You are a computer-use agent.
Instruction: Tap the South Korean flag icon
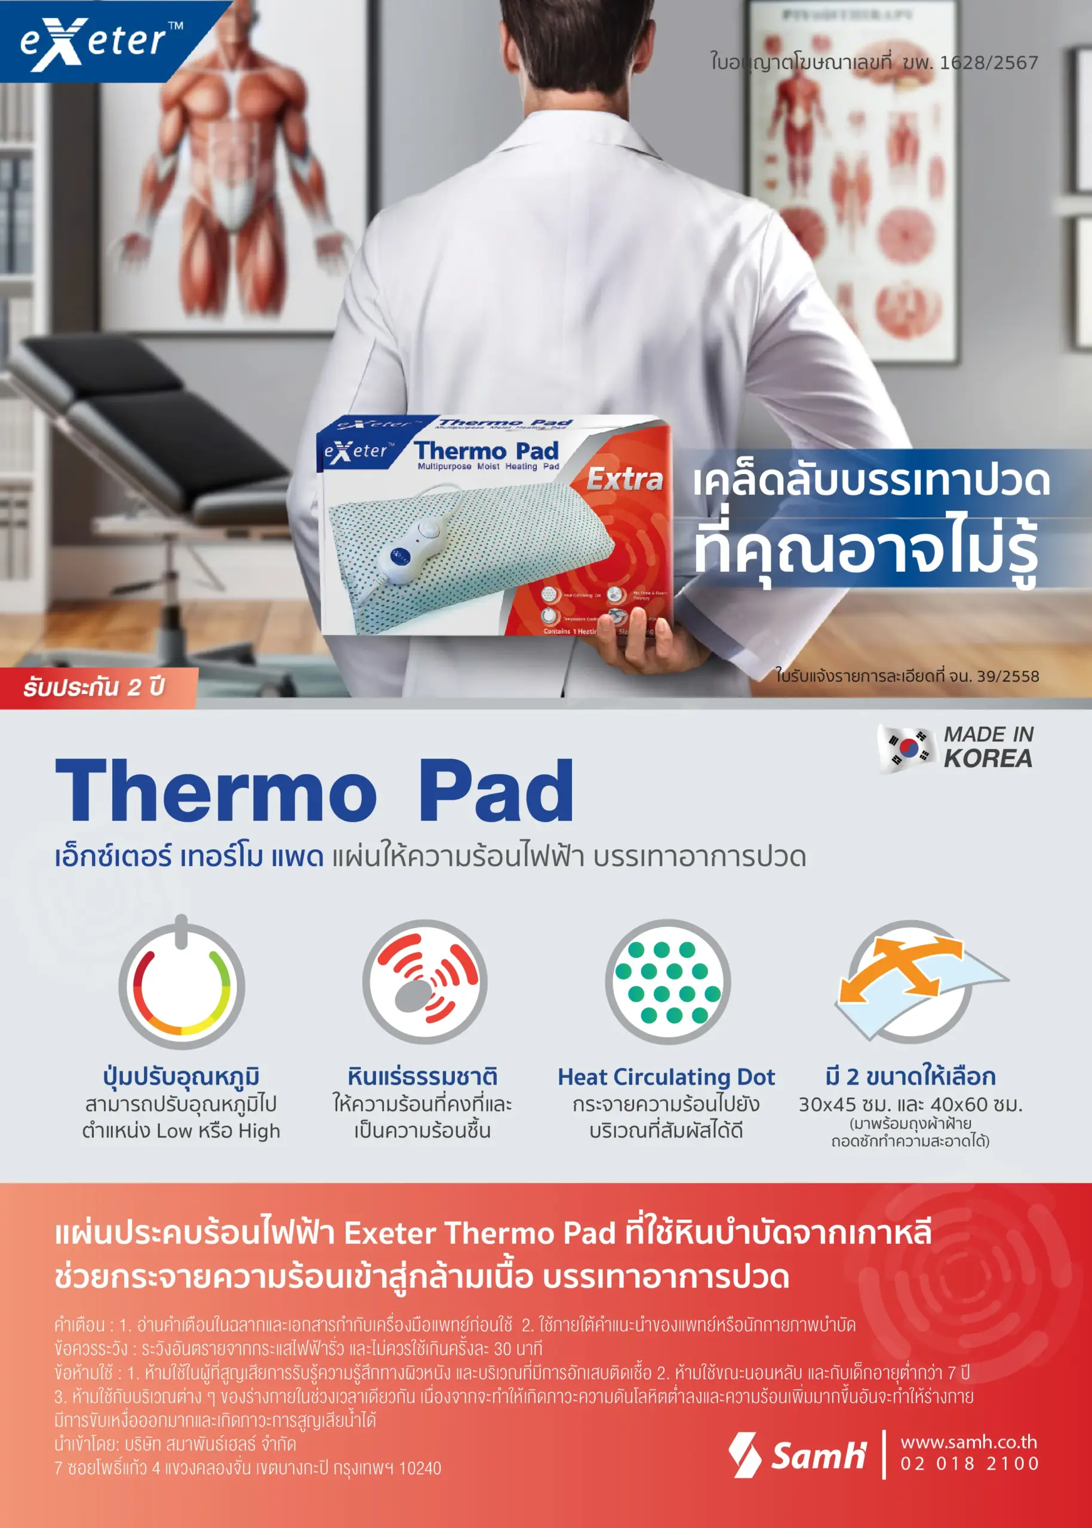(907, 747)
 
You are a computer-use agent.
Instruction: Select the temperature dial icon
(182, 985)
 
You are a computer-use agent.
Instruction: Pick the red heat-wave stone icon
(425, 981)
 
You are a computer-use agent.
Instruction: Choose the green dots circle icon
(667, 981)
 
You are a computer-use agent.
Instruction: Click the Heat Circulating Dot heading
(666, 1077)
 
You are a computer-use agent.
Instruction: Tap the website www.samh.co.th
(968, 1441)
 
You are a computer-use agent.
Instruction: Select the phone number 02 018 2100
(970, 1463)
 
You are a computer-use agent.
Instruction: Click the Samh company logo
(798, 1455)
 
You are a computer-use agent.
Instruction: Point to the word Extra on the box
(625, 479)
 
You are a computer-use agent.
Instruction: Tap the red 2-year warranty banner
(94, 687)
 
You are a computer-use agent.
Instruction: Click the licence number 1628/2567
(989, 63)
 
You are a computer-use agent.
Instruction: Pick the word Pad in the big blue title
(496, 791)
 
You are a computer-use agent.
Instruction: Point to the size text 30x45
(827, 1104)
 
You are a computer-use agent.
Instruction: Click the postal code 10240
(420, 1468)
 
